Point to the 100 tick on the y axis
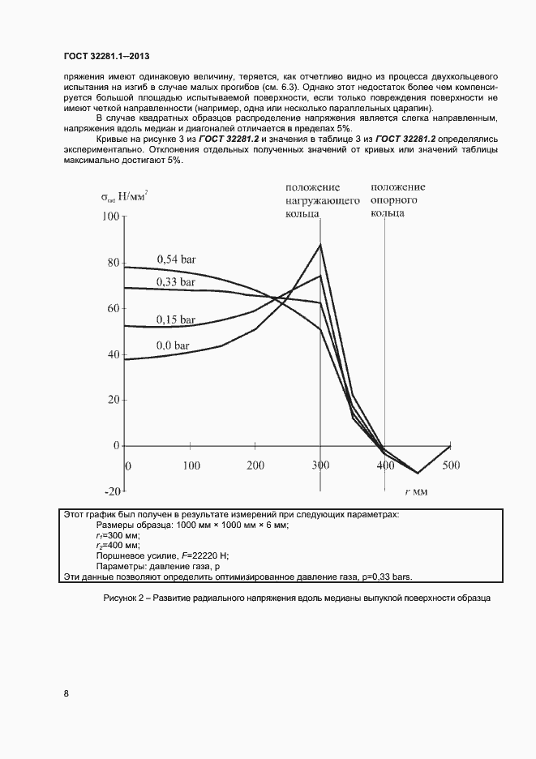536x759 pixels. [x=109, y=217]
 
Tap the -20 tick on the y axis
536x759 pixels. [x=111, y=491]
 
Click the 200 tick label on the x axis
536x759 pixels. [x=255, y=465]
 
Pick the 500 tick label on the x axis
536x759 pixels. [x=450, y=465]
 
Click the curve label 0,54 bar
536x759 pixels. [x=176, y=259]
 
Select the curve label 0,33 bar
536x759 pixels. [x=176, y=281]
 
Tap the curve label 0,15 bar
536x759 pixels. [x=176, y=319]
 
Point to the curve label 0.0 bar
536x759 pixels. [x=173, y=345]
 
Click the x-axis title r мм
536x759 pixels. [x=417, y=491]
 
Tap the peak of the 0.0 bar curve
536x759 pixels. [x=321, y=245]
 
